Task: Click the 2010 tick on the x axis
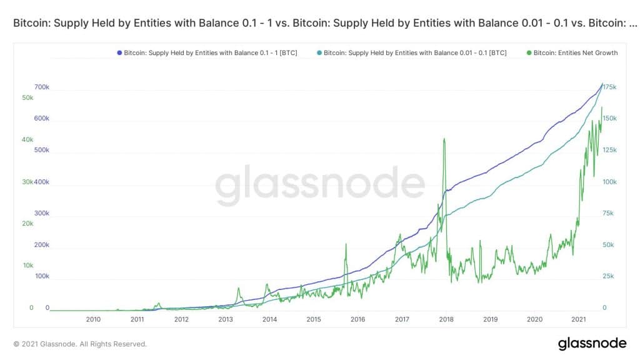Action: pos(93,319)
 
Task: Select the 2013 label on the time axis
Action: pos(226,319)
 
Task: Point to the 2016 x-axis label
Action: pos(358,319)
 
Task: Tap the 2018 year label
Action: pos(446,319)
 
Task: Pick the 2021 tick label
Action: pos(579,319)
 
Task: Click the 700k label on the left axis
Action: pos(42,87)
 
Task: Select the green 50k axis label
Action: pos(27,98)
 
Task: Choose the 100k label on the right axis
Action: pos(609,182)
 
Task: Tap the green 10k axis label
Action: pos(27,266)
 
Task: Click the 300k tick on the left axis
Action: pos(42,213)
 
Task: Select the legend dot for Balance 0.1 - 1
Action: pos(119,53)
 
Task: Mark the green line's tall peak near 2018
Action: pos(444,139)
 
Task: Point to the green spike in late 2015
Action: pos(345,244)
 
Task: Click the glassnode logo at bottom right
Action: pos(592,343)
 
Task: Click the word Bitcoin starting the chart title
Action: pos(27,23)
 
